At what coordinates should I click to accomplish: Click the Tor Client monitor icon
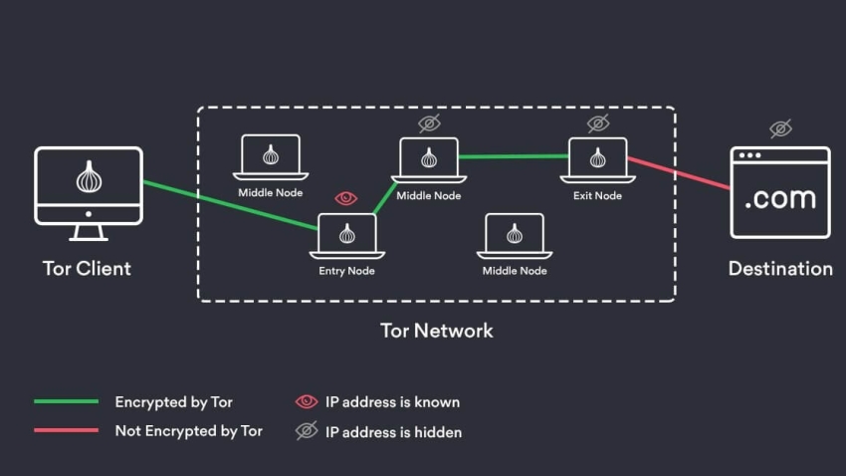(89, 186)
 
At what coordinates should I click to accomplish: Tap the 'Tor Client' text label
(87, 268)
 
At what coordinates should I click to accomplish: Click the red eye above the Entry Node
(346, 198)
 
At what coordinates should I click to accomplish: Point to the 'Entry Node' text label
(346, 271)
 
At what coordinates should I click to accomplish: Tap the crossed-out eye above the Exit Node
(597, 123)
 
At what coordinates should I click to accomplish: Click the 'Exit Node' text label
(597, 195)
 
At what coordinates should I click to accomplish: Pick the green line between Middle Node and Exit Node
(513, 156)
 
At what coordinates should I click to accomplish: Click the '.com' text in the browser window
(780, 198)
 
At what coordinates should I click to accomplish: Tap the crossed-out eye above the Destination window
(780, 128)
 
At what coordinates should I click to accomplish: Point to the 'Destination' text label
(780, 268)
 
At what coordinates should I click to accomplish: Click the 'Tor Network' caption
(436, 330)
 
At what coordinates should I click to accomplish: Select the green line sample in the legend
(66, 402)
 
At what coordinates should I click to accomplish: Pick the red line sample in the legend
(66, 431)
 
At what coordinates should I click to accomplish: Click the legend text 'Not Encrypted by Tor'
(188, 431)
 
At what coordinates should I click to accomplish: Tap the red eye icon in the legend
(307, 402)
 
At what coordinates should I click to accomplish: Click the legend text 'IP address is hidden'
(393, 431)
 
